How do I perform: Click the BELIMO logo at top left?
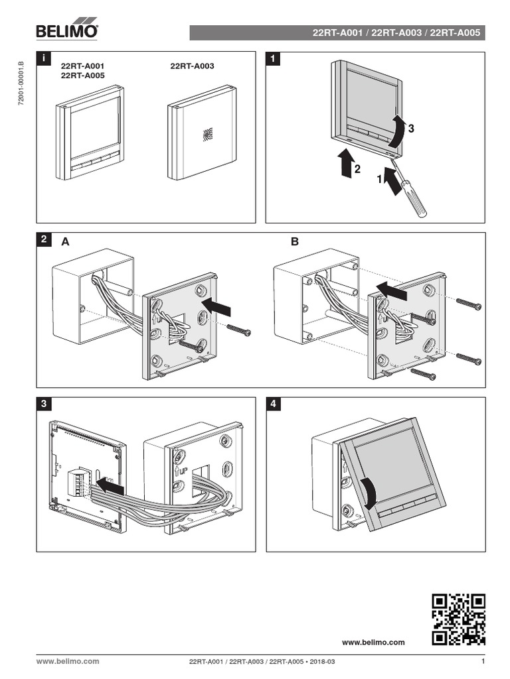(x=66, y=31)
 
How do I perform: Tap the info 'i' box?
(x=43, y=59)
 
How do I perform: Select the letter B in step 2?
(x=294, y=243)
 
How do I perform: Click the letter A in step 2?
(x=65, y=243)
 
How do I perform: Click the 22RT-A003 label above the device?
(x=192, y=67)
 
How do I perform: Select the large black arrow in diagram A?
(x=217, y=306)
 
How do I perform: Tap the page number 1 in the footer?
(x=483, y=661)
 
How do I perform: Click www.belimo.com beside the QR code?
(x=373, y=642)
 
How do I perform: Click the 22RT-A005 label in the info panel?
(x=82, y=76)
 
